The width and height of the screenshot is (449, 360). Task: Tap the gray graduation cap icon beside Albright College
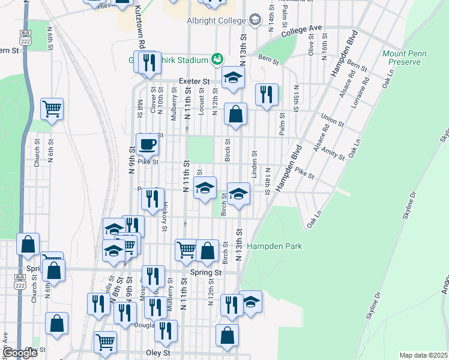(x=256, y=20)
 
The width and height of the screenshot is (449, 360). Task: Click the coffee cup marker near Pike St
(x=147, y=144)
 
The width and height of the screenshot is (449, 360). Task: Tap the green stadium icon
(x=216, y=59)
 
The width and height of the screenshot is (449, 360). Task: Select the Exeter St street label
(x=193, y=82)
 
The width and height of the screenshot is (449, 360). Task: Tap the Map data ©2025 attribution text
(x=423, y=355)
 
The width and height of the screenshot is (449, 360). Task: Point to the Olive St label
(x=311, y=45)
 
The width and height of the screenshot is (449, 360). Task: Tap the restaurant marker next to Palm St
(x=266, y=94)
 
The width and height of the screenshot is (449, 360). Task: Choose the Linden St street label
(x=255, y=164)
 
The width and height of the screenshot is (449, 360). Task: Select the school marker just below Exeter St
(x=234, y=77)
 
